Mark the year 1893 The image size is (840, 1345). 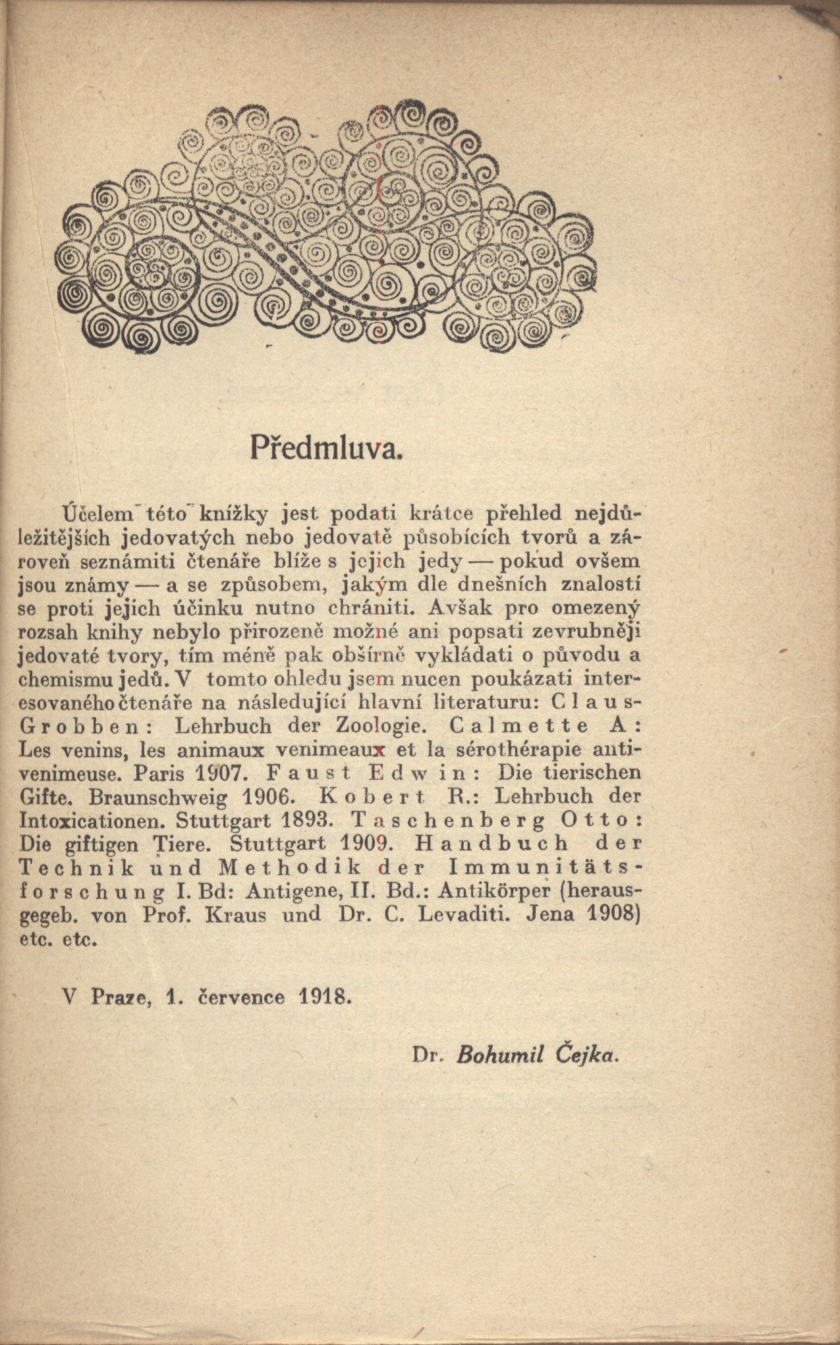pyautogui.click(x=299, y=821)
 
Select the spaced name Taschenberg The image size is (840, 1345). pyautogui.click(x=445, y=821)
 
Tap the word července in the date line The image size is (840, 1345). pyautogui.click(x=242, y=996)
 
